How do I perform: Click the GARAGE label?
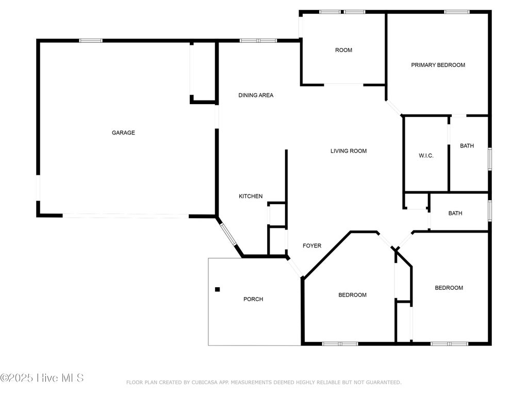coord(123,133)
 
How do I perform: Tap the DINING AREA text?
coord(256,95)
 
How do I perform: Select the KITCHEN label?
coord(251,196)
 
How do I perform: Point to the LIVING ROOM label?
coord(349,151)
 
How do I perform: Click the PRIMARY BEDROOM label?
coord(438,65)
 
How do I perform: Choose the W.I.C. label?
coord(426,156)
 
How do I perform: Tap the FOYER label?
coord(312,246)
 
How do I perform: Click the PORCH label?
coord(253,299)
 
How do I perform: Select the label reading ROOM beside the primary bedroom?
coord(343,50)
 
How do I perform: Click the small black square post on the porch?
coord(218,289)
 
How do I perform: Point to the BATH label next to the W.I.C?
coord(467,146)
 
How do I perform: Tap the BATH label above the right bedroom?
coord(455,213)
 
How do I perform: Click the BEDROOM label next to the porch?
coord(352,295)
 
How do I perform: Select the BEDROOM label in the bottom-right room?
coord(449,288)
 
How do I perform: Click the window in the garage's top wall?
coord(91,41)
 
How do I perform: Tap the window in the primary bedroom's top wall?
coord(457,12)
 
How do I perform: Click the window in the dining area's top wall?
coord(259,41)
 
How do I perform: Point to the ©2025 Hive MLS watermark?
coord(42,378)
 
